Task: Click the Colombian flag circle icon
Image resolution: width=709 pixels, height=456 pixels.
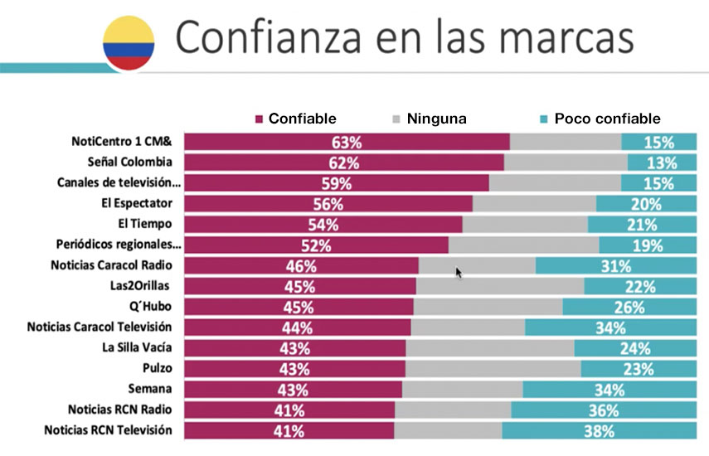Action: tap(129, 43)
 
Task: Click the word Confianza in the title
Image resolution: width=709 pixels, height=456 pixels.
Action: tap(268, 37)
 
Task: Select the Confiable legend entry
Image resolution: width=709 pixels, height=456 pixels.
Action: tap(296, 119)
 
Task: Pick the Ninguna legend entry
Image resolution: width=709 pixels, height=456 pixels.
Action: tap(429, 119)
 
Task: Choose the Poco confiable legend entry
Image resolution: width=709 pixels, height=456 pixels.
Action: tap(600, 119)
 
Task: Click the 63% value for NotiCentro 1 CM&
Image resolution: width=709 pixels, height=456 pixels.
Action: tap(347, 143)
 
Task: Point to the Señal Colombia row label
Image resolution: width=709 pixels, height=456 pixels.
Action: tap(129, 162)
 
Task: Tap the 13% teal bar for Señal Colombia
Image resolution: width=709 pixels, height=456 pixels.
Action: tap(662, 163)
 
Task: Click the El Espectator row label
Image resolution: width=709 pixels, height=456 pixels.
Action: tap(137, 203)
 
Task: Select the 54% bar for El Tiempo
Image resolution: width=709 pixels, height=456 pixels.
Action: tap(323, 225)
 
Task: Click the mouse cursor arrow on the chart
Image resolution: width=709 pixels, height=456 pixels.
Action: tap(459, 273)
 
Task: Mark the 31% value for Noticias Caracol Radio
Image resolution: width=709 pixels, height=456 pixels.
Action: tap(616, 266)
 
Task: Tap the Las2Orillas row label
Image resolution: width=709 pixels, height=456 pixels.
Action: tap(139, 285)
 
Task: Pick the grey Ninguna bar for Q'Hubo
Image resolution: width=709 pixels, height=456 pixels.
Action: tap(488, 307)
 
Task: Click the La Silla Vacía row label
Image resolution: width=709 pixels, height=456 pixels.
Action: tap(137, 347)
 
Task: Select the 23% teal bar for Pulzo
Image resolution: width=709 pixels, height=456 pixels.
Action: tap(639, 369)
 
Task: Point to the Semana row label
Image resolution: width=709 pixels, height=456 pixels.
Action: tap(149, 389)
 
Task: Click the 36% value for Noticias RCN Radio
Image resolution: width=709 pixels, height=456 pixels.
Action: tap(604, 410)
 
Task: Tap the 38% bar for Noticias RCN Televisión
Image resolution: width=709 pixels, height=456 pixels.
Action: tap(599, 430)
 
